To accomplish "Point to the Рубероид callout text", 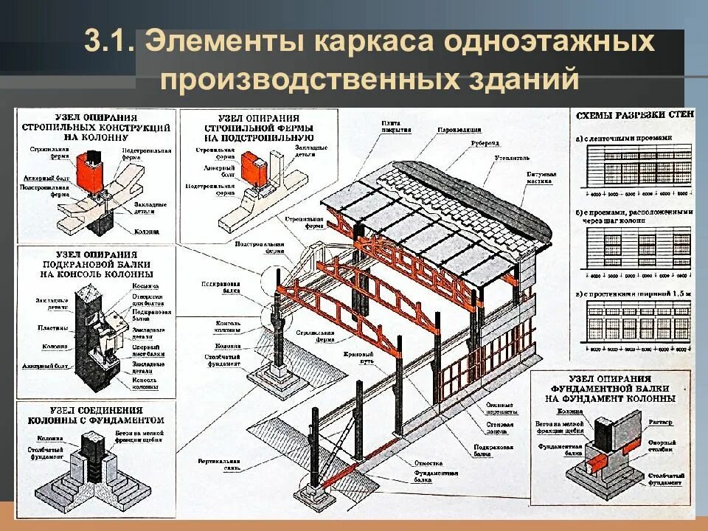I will point(484,142).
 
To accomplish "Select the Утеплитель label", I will point(513,157).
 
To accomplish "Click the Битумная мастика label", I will point(541,178).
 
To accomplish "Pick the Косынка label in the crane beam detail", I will point(144,285).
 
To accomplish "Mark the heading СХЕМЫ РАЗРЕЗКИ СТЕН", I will point(632,117).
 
